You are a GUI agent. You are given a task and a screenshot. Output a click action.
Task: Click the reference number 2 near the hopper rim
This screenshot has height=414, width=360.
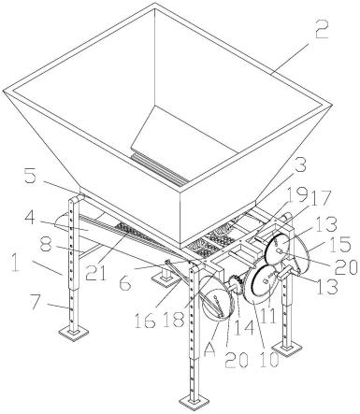click(x=322, y=29)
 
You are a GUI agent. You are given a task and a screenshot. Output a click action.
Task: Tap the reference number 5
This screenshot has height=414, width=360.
click(x=31, y=178)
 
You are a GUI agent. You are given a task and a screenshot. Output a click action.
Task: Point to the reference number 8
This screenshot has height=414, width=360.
click(x=46, y=246)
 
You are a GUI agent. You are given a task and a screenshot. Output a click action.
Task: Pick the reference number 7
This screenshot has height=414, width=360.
click(x=40, y=303)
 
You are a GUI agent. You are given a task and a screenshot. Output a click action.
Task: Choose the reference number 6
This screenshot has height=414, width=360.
click(x=126, y=282)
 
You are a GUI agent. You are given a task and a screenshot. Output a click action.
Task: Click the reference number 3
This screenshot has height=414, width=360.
click(x=300, y=166)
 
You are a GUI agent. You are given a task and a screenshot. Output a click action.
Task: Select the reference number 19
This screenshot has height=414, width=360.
click(x=298, y=194)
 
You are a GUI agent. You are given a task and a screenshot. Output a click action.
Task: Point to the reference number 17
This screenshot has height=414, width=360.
click(x=320, y=195)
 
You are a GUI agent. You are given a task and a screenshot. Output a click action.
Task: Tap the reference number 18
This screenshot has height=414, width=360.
click(x=172, y=319)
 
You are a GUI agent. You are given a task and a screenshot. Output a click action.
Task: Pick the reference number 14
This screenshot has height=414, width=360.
click(x=244, y=326)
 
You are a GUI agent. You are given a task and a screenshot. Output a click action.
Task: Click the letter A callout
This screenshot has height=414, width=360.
click(x=209, y=350)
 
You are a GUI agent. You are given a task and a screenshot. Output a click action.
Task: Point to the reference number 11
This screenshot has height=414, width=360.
click(x=268, y=315)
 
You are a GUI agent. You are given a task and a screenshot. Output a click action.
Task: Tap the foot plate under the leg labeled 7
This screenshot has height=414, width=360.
click(x=74, y=334)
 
